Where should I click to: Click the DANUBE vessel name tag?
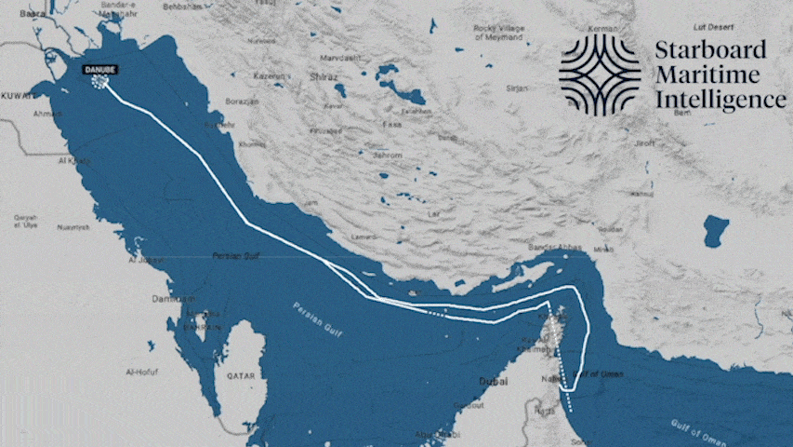click(x=99, y=69)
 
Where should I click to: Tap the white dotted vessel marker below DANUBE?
click(x=99, y=82)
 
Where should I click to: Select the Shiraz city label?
click(x=324, y=76)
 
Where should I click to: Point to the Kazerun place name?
click(x=268, y=75)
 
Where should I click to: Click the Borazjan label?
click(x=240, y=100)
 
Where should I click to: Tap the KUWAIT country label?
click(x=19, y=96)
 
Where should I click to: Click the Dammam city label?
click(x=174, y=299)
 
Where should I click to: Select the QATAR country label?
click(x=239, y=375)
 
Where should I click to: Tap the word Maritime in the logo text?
click(x=707, y=75)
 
